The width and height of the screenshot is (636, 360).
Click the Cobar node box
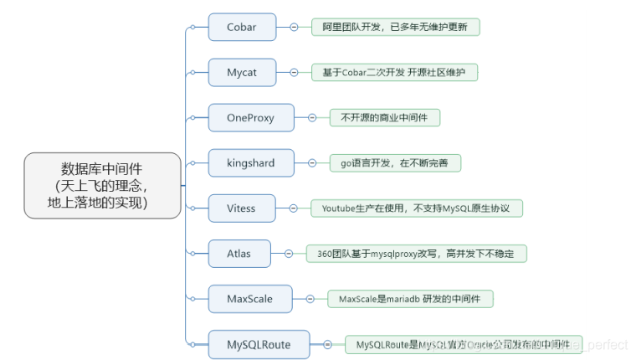click(242, 27)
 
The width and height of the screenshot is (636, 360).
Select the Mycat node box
click(242, 73)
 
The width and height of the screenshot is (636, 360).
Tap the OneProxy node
click(250, 118)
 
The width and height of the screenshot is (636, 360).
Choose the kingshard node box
click(250, 163)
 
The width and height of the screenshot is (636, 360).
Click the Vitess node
click(242, 208)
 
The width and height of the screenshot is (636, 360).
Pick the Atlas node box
click(238, 253)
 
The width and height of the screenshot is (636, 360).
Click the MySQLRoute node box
click(259, 343)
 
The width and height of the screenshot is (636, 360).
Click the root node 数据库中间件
click(102, 185)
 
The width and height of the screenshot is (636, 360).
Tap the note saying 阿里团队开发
click(395, 27)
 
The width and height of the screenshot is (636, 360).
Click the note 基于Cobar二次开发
click(394, 73)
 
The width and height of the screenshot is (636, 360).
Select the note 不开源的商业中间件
click(384, 118)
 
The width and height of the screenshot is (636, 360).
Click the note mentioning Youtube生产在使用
click(416, 208)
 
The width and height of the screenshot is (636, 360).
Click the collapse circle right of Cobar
click(294, 27)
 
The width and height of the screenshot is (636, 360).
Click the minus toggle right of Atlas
click(288, 253)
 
